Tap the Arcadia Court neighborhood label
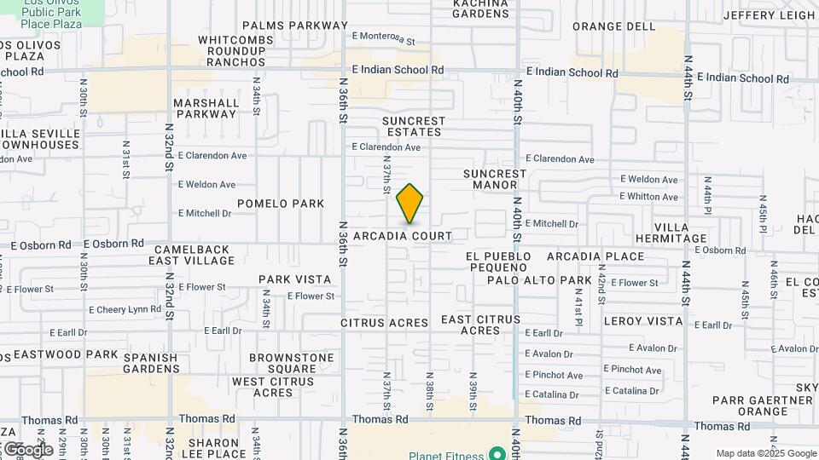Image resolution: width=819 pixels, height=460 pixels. (x=415, y=235)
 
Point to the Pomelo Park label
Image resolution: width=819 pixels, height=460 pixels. (x=281, y=204)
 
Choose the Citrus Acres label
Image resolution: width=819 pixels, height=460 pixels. (x=384, y=323)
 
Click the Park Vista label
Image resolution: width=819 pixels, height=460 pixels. (x=295, y=279)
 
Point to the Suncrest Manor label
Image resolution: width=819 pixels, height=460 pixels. (x=496, y=179)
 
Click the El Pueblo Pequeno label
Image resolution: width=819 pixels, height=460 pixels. (x=498, y=262)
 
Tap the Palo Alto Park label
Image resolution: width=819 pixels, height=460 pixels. (x=539, y=280)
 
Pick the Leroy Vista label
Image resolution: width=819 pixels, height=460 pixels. (x=643, y=321)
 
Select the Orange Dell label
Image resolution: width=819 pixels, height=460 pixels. (x=613, y=26)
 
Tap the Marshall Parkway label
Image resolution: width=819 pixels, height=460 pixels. (x=206, y=108)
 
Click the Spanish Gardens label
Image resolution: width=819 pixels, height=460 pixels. (x=150, y=364)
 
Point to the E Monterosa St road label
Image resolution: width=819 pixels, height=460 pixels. (x=383, y=37)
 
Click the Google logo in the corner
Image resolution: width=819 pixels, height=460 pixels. (x=28, y=450)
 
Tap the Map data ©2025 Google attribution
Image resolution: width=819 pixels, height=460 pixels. (x=766, y=453)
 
